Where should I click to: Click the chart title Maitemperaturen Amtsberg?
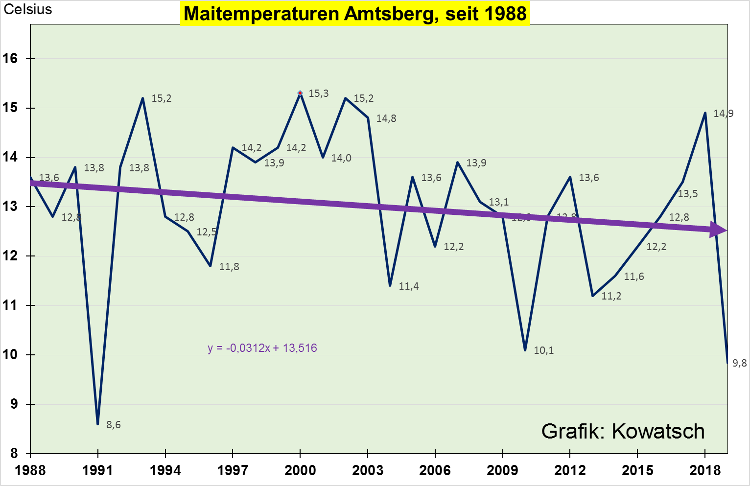click(355, 14)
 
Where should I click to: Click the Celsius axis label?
click(28, 9)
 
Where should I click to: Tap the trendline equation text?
click(262, 348)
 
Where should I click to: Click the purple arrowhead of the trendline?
click(718, 230)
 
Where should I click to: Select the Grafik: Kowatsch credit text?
click(623, 431)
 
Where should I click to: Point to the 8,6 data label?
click(114, 425)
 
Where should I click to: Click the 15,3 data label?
click(319, 93)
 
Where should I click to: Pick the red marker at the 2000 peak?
click(300, 93)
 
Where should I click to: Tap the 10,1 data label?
click(544, 350)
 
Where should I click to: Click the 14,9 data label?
click(723, 114)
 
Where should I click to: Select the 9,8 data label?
click(739, 363)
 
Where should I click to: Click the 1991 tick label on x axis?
click(98, 470)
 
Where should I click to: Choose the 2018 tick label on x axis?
click(705, 470)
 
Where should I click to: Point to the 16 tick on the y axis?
click(10, 59)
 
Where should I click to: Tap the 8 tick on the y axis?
click(14, 454)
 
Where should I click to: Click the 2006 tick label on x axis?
click(435, 470)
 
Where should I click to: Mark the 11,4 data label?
click(409, 286)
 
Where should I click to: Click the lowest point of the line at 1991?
click(98, 424)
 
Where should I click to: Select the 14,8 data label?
click(386, 118)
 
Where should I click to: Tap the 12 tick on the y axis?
click(10, 256)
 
